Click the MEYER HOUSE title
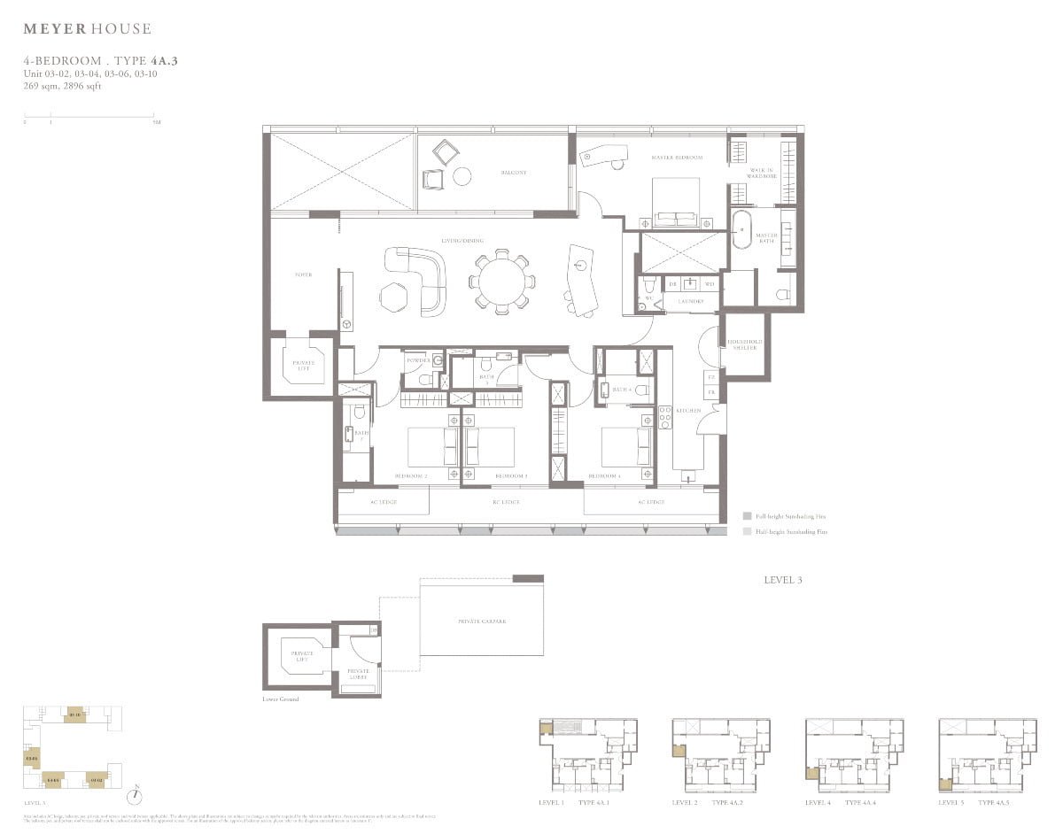pos(87,29)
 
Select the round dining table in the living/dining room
pos(501,282)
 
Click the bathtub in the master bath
pos(742,236)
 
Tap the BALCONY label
pos(515,173)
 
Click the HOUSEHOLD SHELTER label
pos(744,344)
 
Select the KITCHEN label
pos(688,411)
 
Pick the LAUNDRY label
pos(691,302)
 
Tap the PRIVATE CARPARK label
pos(483,621)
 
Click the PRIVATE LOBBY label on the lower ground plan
pos(359,675)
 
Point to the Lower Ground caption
pos(281,699)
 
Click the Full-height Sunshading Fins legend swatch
pos(748,515)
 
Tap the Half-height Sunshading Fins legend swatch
pos(748,532)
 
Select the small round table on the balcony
pos(462,176)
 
